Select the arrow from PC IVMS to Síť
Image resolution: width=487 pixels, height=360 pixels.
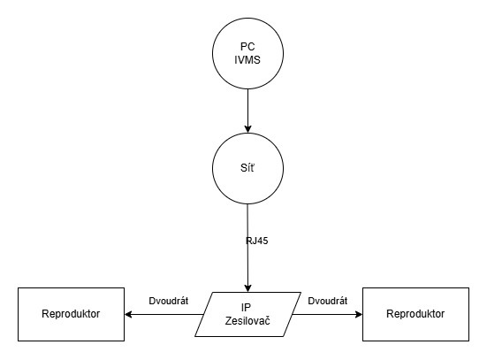[x=247, y=106]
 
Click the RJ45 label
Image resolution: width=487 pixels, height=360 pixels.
[x=258, y=240]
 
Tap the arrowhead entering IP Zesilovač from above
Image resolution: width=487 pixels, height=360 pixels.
[x=247, y=286]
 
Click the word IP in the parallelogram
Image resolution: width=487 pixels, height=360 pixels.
[x=247, y=307]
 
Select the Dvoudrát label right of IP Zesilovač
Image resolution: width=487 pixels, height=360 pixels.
[x=327, y=301]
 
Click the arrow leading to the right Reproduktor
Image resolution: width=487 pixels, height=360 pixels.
[x=327, y=314]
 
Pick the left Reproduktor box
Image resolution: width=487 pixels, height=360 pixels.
[x=70, y=314]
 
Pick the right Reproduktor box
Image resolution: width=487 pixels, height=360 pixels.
[x=415, y=314]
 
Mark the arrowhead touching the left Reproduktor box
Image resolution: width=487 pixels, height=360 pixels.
[x=129, y=314]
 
